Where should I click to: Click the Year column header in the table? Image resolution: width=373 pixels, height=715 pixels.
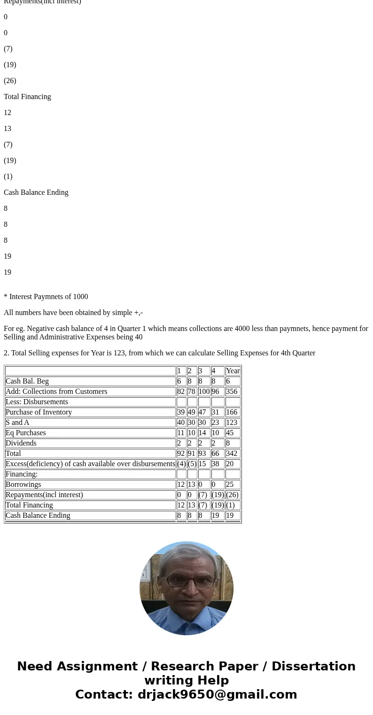pyautogui.click(x=233, y=371)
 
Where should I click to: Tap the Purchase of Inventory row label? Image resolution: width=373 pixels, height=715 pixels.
pyautogui.click(x=39, y=412)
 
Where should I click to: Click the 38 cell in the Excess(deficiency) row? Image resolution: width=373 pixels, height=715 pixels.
pyautogui.click(x=216, y=464)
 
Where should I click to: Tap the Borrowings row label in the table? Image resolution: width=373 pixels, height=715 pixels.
pyautogui.click(x=23, y=484)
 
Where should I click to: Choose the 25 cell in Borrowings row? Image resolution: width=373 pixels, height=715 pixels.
pyautogui.click(x=230, y=484)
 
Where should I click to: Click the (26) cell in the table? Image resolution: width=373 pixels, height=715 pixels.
pyautogui.click(x=232, y=495)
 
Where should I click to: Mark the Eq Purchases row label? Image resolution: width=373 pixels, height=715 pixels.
pyautogui.click(x=25, y=433)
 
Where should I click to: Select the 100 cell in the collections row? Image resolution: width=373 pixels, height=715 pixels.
pyautogui.click(x=204, y=392)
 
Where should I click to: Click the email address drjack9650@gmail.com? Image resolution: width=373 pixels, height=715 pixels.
pyautogui.click(x=217, y=695)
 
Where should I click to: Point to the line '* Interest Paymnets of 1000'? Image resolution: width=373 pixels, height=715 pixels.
pyautogui.click(x=46, y=297)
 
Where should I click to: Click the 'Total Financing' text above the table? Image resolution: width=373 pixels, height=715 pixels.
pyautogui.click(x=27, y=97)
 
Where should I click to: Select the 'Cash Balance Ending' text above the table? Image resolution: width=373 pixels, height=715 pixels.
pyautogui.click(x=36, y=192)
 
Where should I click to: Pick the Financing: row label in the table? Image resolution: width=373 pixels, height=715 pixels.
pyautogui.click(x=22, y=474)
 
